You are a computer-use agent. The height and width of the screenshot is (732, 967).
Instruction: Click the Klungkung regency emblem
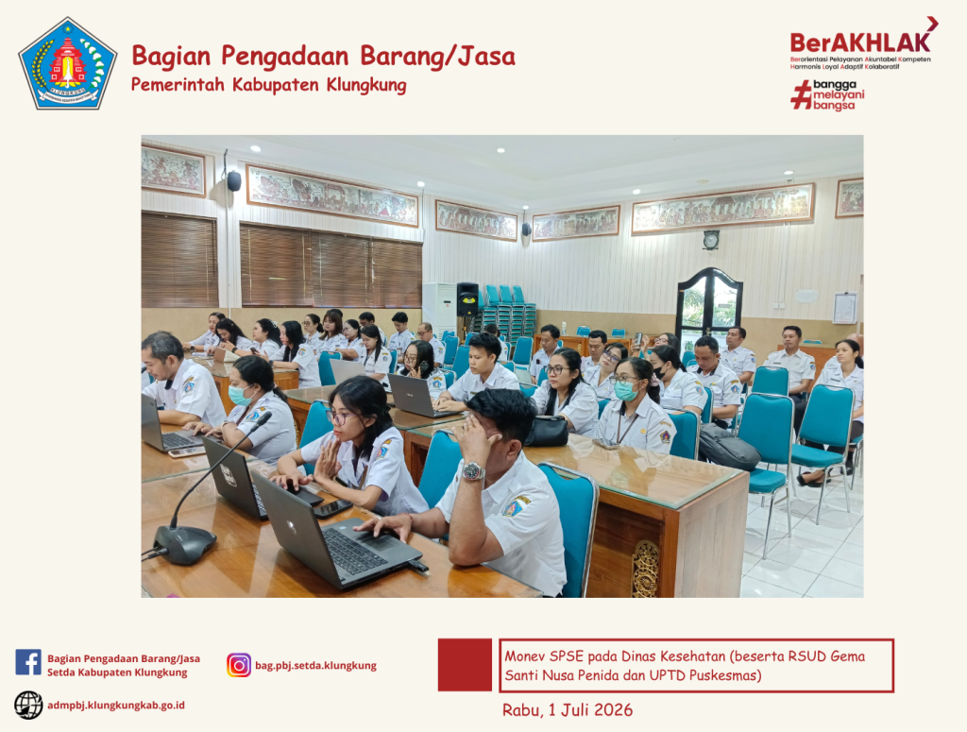[68, 64]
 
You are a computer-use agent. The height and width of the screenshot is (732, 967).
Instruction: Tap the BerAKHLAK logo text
[860, 42]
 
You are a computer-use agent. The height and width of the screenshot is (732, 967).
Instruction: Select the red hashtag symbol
[801, 95]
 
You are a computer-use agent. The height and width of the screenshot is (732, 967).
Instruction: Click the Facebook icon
[28, 662]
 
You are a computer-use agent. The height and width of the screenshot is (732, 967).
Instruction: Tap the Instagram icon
[239, 665]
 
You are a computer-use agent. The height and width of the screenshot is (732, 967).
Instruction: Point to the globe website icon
[28, 705]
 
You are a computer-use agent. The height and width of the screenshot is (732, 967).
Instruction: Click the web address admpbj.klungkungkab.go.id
[116, 705]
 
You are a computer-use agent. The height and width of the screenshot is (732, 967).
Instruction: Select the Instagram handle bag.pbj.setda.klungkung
[315, 665]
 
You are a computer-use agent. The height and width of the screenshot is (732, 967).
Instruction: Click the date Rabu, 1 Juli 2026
[568, 709]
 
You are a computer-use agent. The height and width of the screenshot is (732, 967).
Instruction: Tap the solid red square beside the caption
[465, 665]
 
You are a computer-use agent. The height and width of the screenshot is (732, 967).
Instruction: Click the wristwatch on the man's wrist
[473, 471]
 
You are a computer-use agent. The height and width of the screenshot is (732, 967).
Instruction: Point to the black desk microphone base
[184, 544]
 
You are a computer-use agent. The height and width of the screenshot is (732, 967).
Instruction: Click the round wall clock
[711, 240]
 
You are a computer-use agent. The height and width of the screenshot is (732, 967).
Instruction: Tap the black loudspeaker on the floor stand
[467, 299]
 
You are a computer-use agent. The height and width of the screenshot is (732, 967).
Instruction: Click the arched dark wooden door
[709, 306]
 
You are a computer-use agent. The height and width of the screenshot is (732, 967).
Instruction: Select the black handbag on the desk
[547, 431]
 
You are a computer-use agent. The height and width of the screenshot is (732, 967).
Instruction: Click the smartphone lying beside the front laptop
[332, 508]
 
